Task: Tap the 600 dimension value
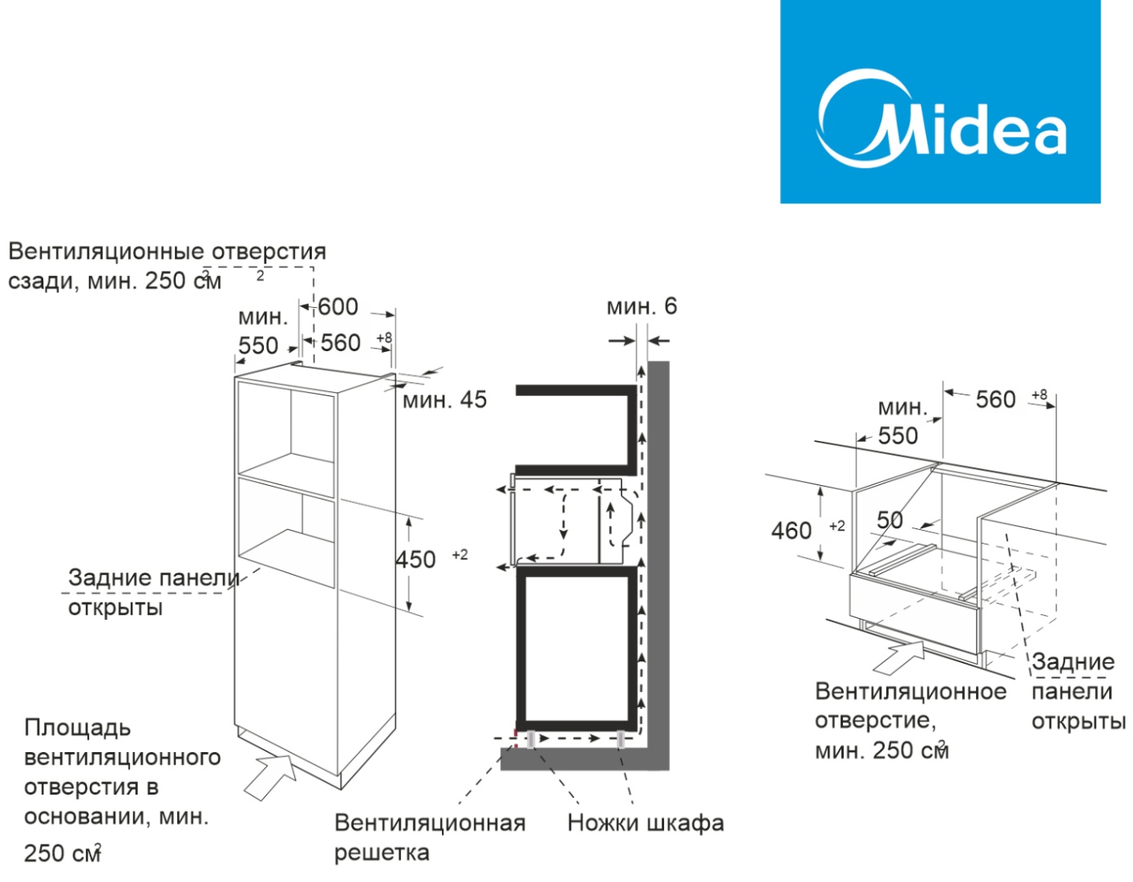coord(337,307)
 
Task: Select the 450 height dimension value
coord(416,560)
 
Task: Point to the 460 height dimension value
coord(792,531)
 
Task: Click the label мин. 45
coord(444,400)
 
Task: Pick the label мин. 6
coord(641,307)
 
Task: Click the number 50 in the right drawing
coord(890,520)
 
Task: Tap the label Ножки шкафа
coord(645,822)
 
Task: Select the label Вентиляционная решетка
coord(429,837)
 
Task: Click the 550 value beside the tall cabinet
coord(258,345)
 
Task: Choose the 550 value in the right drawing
coord(899,436)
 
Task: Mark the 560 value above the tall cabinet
coord(341,343)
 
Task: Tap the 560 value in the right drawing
coord(996,400)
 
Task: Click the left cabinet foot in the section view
coord(532,739)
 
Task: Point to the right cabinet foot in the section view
coord(622,739)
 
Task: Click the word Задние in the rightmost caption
coord(1073,661)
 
